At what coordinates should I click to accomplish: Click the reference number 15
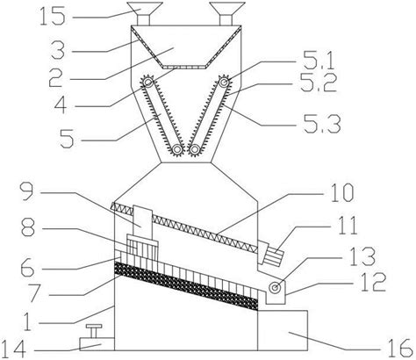click(x=52, y=17)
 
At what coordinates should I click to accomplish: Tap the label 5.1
click(x=318, y=62)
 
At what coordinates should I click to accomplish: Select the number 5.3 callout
click(x=321, y=125)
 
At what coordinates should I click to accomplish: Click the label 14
click(x=14, y=349)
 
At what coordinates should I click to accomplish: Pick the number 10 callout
click(x=342, y=193)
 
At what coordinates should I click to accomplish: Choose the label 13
click(x=362, y=256)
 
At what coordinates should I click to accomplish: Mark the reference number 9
click(x=28, y=191)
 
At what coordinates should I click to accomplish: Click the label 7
click(x=34, y=292)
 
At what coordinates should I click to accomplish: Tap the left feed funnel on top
click(x=145, y=13)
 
